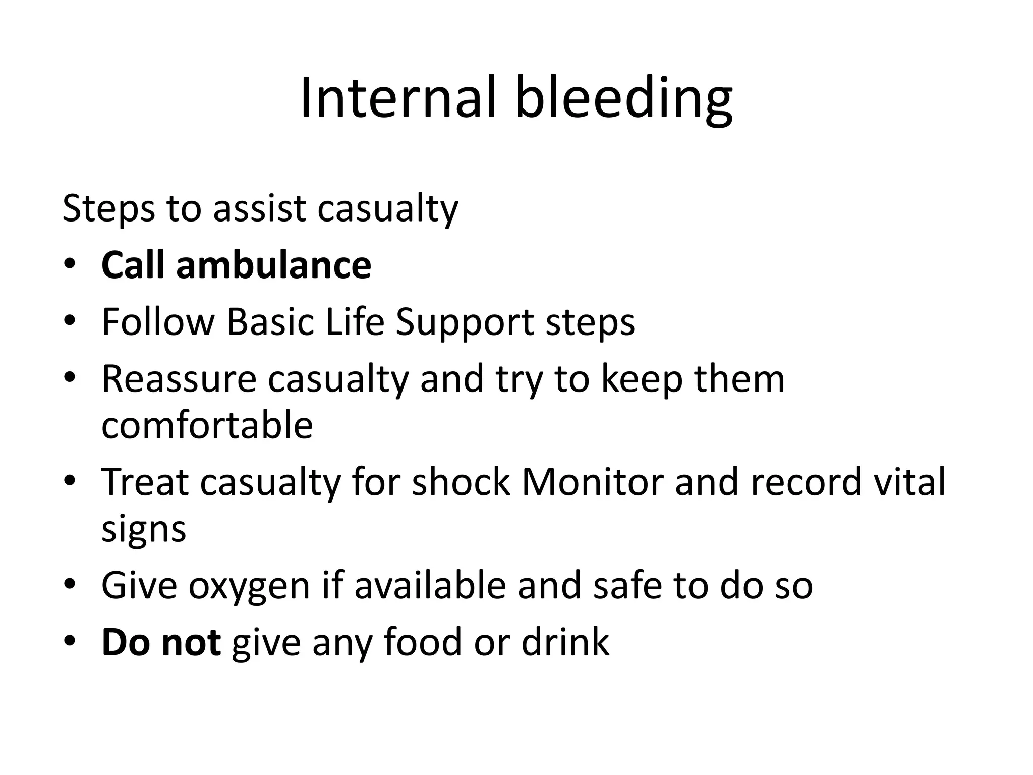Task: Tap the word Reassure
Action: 179,379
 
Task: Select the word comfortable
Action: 207,425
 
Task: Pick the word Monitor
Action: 592,482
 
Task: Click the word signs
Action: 144,530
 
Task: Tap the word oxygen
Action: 249,587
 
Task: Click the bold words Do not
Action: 161,642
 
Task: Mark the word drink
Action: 565,642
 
